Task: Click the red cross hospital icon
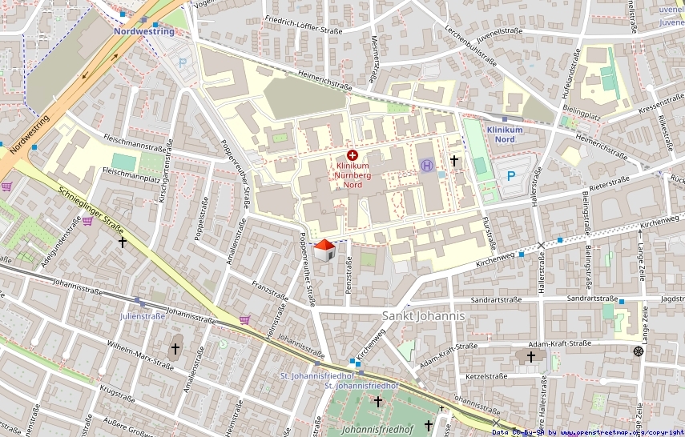tap(352, 154)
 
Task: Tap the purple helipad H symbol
tap(428, 166)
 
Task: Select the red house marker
tap(324, 251)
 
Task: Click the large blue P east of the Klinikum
tap(510, 177)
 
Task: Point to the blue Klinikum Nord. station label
tap(505, 134)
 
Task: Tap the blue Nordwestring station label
tap(144, 31)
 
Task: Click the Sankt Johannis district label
tap(423, 316)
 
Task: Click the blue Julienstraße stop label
tap(143, 316)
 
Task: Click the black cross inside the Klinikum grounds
tap(454, 161)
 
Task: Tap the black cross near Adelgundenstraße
tap(123, 241)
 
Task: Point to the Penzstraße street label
tap(349, 274)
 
